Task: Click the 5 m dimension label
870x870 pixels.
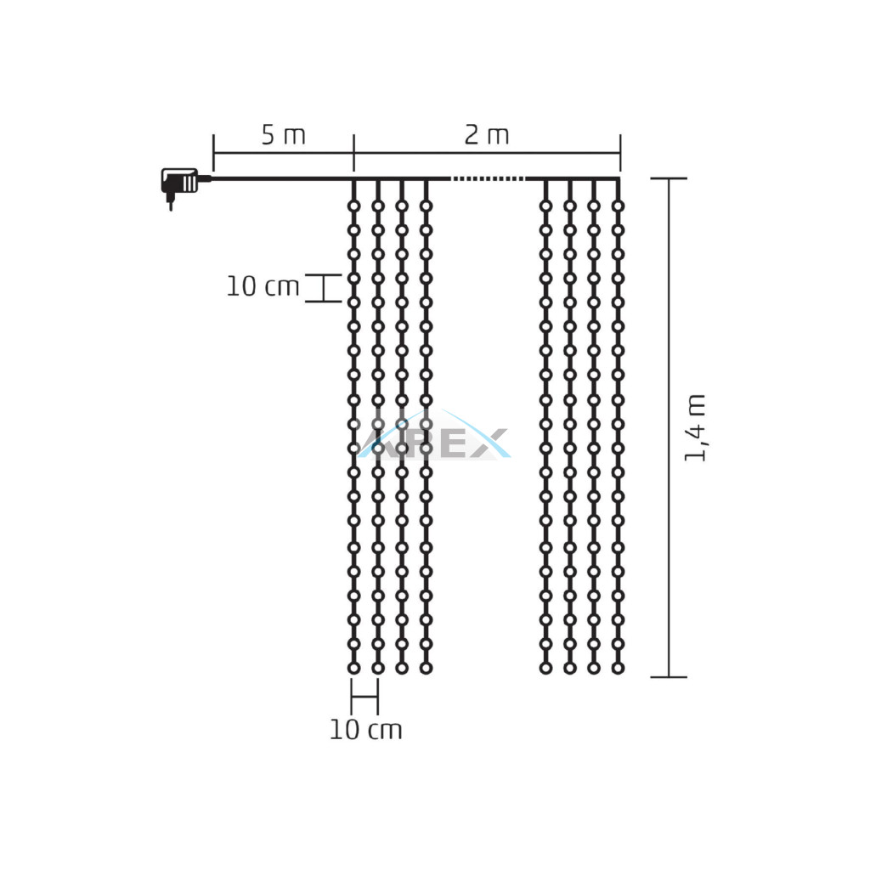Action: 283,135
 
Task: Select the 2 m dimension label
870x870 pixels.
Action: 487,135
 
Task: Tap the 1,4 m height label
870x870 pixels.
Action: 695,427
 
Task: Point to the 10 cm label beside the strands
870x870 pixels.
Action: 263,287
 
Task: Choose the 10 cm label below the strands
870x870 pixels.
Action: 365,730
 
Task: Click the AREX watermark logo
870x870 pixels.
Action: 434,436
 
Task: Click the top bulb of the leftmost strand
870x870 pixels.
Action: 354,206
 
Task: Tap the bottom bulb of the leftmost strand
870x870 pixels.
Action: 354,668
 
